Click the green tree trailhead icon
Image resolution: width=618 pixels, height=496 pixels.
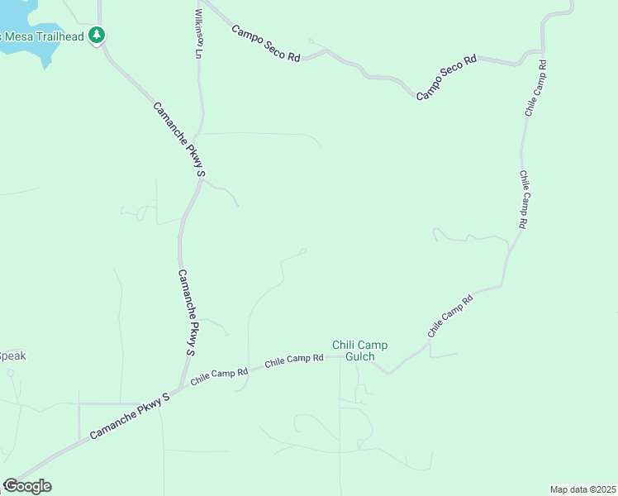click(98, 35)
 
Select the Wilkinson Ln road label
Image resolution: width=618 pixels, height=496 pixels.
click(198, 34)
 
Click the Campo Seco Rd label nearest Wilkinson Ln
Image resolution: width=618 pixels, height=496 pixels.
click(265, 43)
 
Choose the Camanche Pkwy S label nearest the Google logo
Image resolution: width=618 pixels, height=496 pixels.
click(131, 416)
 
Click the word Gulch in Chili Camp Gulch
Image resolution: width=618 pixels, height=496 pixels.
click(360, 357)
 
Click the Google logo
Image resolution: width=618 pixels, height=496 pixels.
click(27, 486)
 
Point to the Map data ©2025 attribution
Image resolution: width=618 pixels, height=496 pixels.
click(582, 489)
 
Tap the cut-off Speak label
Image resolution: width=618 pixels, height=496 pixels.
click(12, 356)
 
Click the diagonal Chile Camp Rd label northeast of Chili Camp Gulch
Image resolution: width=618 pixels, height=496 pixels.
click(449, 315)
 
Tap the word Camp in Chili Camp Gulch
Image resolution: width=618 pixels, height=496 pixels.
click(373, 345)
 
